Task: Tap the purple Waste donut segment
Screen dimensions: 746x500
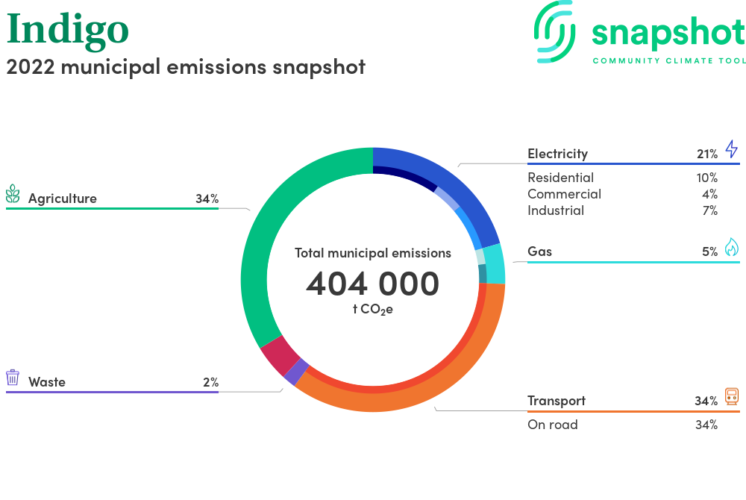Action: pos(296,372)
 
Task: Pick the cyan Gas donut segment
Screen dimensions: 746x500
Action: pos(495,264)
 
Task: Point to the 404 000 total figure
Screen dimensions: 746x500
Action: pos(372,284)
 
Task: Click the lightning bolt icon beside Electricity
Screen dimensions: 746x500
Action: pos(732,149)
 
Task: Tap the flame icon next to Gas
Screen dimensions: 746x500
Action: pos(732,247)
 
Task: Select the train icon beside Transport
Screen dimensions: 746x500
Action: pos(732,396)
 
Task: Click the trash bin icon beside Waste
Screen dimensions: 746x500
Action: pos(13,378)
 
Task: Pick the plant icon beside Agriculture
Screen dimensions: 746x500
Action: pos(13,194)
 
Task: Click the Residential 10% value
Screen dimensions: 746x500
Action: pos(707,178)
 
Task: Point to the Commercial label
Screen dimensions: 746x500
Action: pos(564,194)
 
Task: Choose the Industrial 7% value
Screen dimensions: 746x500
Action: pos(710,210)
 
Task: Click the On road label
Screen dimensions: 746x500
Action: pos(553,425)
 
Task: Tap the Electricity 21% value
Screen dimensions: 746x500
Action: pos(707,154)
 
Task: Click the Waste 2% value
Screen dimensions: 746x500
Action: pos(211,383)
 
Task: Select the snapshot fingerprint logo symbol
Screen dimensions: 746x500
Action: pos(554,32)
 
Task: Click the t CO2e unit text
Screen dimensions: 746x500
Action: pos(373,310)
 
